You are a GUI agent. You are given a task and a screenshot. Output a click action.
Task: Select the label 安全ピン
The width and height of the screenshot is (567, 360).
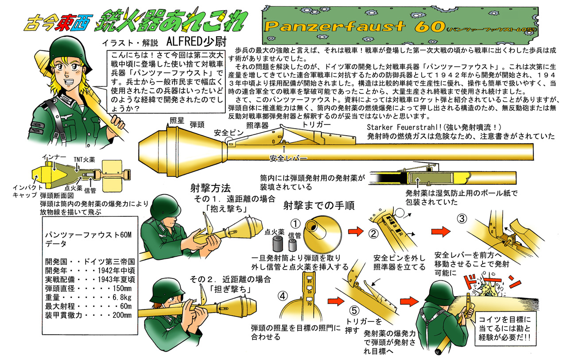pos(227,132)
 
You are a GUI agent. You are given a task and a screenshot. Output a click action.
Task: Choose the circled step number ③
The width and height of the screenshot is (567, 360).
pos(462,219)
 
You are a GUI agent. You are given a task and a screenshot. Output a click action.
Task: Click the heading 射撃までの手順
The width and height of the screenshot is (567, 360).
pos(315,206)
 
